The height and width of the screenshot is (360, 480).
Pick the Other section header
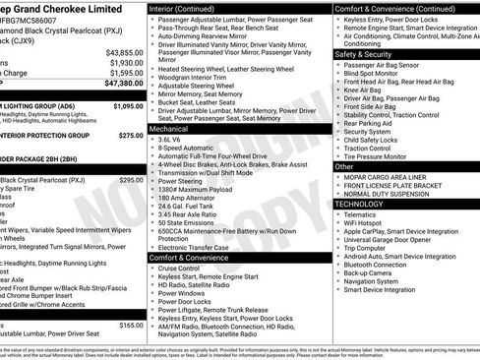(344, 166)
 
